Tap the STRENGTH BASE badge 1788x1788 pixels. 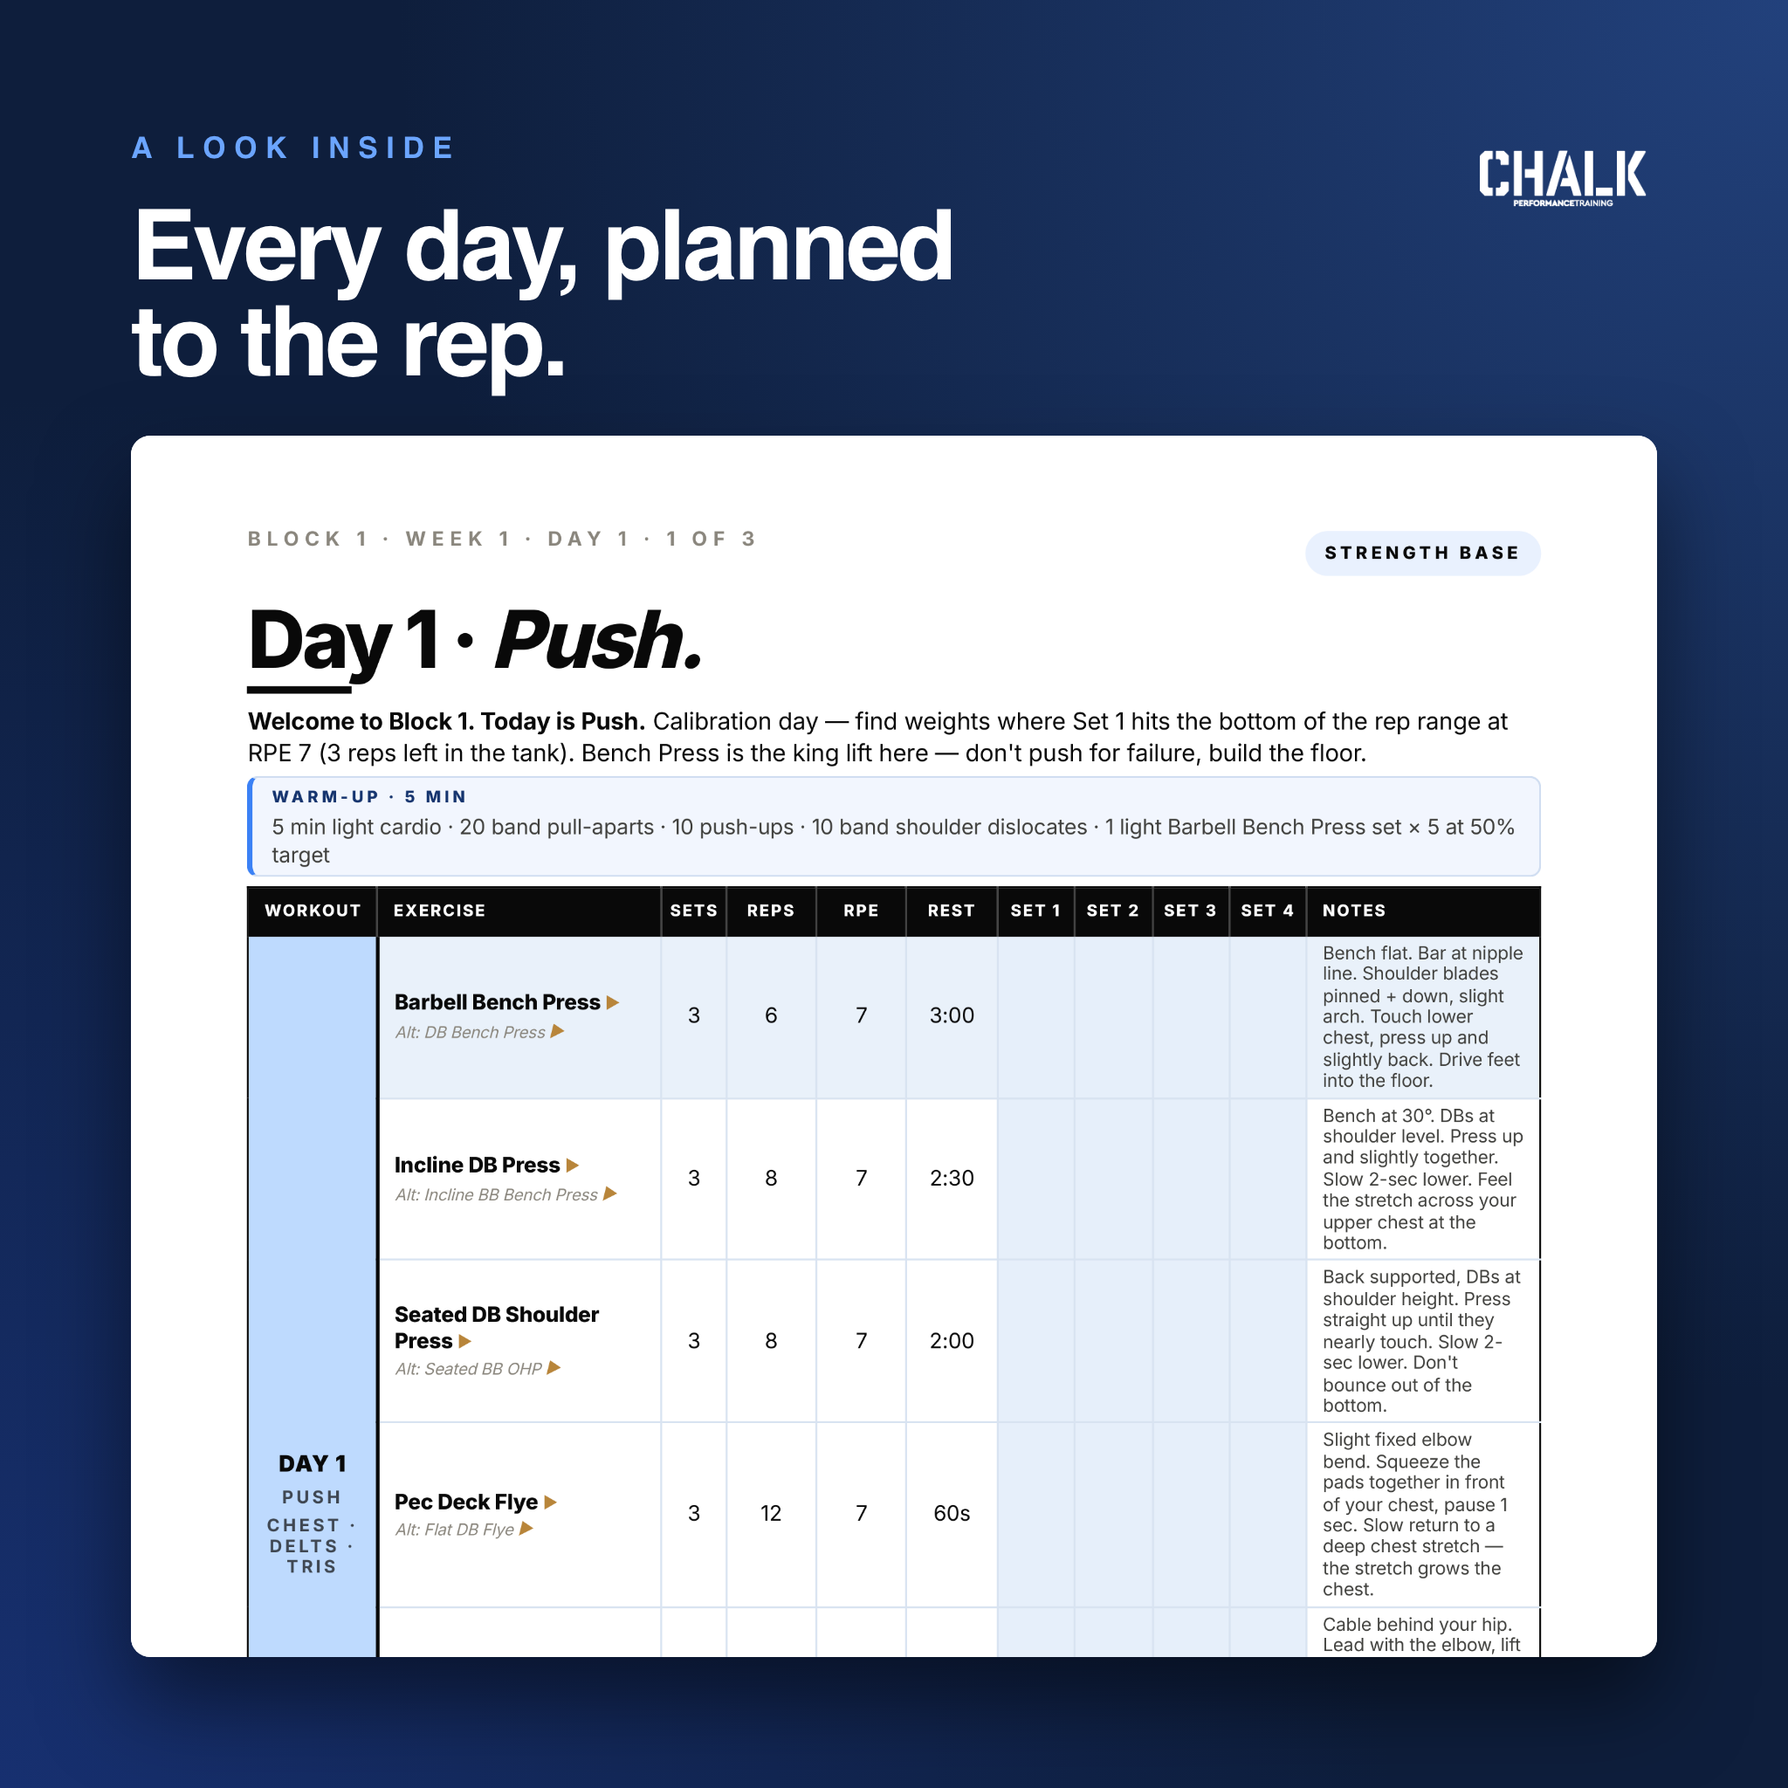point(1422,554)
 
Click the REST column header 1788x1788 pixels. point(952,911)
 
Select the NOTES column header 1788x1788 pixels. point(1354,911)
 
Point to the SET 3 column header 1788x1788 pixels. point(1190,911)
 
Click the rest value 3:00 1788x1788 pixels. point(952,1015)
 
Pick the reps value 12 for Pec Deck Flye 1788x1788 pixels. point(771,1513)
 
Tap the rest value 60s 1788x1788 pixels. point(952,1513)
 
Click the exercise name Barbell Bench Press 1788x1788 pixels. point(497,1002)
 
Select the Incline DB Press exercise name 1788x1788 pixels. point(477,1166)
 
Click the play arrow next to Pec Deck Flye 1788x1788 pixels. point(551,1502)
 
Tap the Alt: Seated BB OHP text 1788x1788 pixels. point(468,1369)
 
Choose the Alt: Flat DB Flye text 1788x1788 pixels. point(454,1530)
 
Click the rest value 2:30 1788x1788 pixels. point(952,1178)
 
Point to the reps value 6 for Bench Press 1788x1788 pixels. point(771,1015)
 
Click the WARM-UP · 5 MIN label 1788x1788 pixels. point(369,797)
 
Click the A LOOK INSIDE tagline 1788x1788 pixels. point(293,148)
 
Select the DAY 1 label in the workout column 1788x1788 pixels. point(312,1463)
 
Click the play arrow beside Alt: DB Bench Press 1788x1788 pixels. point(557,1031)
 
